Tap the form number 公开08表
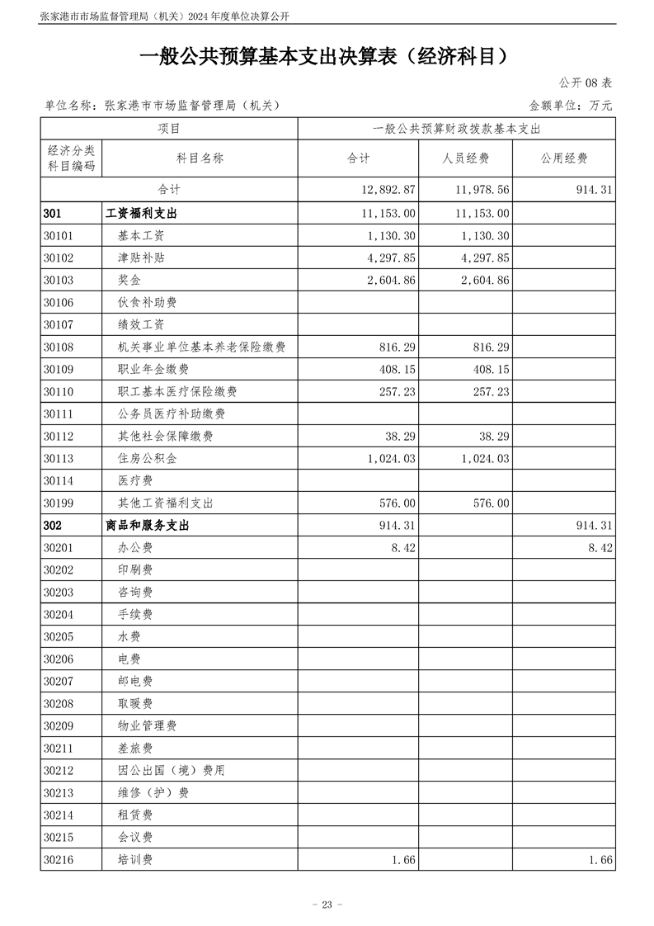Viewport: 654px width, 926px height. [x=586, y=83]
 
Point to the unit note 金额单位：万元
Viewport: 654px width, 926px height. [x=571, y=106]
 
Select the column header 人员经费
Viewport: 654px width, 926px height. [x=466, y=158]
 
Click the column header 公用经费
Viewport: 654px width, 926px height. [x=564, y=158]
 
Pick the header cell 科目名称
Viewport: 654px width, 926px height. [x=200, y=158]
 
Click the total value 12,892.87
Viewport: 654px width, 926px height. [x=388, y=190]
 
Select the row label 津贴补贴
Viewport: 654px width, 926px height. [x=141, y=257]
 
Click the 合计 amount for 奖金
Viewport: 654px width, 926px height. [x=388, y=280]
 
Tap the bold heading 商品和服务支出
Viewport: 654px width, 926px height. [x=148, y=526]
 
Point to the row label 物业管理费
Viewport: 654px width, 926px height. [x=148, y=725]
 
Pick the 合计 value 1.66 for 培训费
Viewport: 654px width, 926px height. [x=403, y=859]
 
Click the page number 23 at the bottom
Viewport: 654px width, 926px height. [x=327, y=905]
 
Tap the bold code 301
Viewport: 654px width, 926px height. [x=54, y=213]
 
